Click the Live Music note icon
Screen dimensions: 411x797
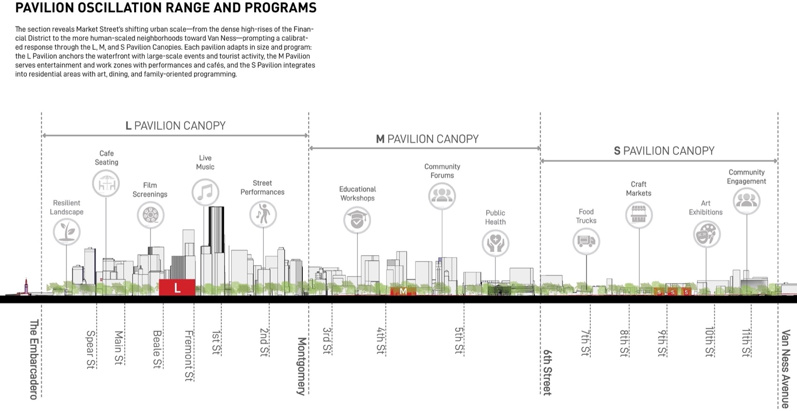point(205,192)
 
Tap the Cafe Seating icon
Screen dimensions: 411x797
point(106,183)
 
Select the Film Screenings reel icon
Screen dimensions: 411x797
point(150,215)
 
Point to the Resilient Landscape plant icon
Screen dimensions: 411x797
point(67,232)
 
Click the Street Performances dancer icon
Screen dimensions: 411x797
point(263,214)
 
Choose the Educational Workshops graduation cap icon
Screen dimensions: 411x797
point(357,220)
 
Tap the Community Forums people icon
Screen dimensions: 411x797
point(442,196)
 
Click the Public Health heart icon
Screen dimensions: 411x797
point(496,243)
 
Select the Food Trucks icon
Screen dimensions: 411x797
point(586,241)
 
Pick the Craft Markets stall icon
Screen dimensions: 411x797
point(639,215)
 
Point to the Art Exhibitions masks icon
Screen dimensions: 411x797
point(707,235)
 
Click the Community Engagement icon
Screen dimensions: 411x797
point(746,201)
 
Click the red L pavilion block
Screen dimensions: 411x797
point(177,287)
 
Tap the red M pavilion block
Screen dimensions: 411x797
point(403,291)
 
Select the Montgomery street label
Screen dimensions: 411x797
point(302,366)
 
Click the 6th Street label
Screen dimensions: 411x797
point(547,372)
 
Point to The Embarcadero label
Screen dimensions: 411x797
point(34,359)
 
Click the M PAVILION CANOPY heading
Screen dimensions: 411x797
point(427,139)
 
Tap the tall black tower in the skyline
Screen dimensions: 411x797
point(216,229)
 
